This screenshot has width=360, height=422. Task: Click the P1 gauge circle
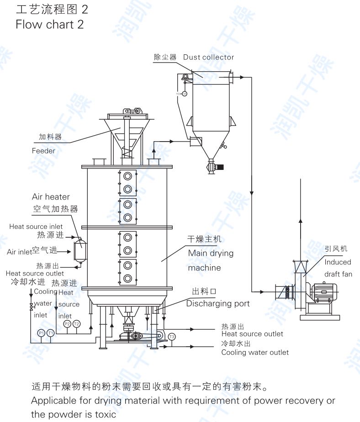point(41,333)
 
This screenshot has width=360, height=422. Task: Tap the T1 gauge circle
point(51,333)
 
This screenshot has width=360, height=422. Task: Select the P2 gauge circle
point(67,324)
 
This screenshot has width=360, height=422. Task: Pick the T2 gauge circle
point(76,324)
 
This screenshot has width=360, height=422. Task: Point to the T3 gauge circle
point(172,337)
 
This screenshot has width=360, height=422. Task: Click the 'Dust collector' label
point(208,57)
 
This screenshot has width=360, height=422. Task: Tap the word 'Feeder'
point(43,151)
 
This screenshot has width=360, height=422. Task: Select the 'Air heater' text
point(51,197)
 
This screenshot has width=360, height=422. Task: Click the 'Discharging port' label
point(218,304)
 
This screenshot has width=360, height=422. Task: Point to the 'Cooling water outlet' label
point(255,352)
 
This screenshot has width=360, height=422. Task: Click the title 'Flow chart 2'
point(49,24)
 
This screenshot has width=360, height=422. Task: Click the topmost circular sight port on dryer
point(127,176)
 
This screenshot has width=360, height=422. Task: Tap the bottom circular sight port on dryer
point(127,278)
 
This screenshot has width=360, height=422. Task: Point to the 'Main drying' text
point(211,253)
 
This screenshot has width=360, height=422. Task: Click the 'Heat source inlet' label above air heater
point(36,227)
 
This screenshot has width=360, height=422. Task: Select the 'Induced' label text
point(338,262)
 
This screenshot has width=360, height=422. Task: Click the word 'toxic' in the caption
point(106,414)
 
